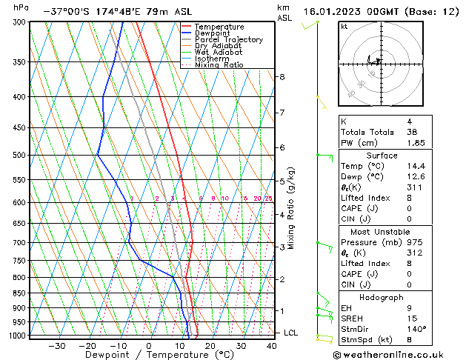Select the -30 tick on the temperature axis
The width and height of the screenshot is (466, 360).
tap(56, 346)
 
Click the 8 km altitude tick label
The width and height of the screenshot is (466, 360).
tap(282, 77)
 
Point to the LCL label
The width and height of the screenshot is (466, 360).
tap(291, 333)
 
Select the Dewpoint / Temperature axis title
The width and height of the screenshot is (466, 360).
tap(149, 356)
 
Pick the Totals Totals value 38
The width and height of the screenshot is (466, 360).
tap(412, 132)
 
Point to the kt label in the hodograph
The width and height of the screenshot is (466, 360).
tap(344, 27)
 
